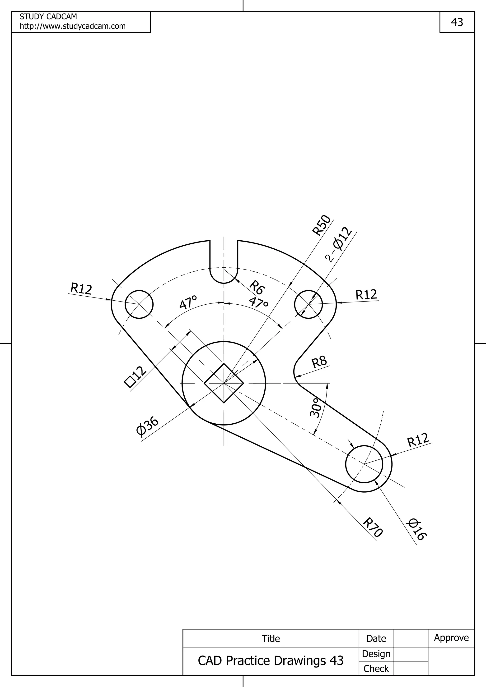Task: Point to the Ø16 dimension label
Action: [x=416, y=530]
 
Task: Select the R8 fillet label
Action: [x=319, y=362]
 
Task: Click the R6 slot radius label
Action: [x=257, y=287]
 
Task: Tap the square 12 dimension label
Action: [x=135, y=377]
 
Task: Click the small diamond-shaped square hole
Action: [x=224, y=383]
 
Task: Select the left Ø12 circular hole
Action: [x=139, y=304]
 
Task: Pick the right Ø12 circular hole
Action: [x=308, y=304]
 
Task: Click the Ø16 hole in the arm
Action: [x=364, y=464]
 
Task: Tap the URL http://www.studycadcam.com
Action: [x=72, y=26]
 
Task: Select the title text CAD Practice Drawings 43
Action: [x=270, y=660]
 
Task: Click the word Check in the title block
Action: [x=376, y=669]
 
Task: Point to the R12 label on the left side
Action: [x=81, y=289]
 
